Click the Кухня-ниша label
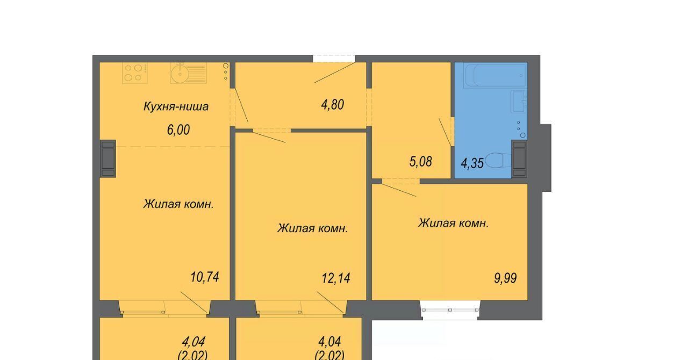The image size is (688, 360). [x=176, y=106]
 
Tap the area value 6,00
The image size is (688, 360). [x=178, y=130]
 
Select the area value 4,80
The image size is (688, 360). [x=332, y=105]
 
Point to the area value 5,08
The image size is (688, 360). [x=420, y=162]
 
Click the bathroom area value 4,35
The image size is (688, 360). [x=472, y=163]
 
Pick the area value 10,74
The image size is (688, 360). [x=205, y=277]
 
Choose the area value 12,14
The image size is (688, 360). [x=336, y=278]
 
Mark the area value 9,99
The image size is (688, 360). [x=505, y=278]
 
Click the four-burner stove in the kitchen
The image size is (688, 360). [x=135, y=73]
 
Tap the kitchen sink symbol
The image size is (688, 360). [x=188, y=73]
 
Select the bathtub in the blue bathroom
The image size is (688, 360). [x=496, y=75]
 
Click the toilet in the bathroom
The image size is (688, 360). [x=498, y=160]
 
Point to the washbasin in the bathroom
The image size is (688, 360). [x=519, y=102]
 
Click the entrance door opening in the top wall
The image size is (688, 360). [x=334, y=59]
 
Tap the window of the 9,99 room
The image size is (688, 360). [x=450, y=310]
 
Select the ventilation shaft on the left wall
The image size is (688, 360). [x=108, y=159]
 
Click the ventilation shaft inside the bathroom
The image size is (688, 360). [x=519, y=159]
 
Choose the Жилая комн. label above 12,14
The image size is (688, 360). [x=312, y=228]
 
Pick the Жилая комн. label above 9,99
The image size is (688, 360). [x=453, y=224]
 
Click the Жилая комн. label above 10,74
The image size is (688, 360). [x=178, y=204]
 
